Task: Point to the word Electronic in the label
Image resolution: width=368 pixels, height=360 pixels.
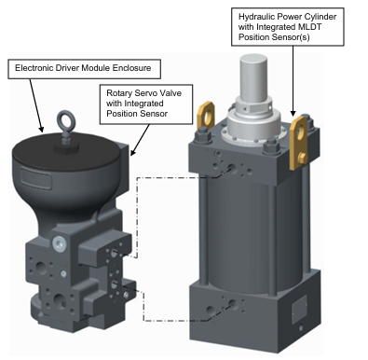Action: [31, 68]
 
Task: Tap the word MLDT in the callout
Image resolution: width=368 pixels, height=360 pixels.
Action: [310, 27]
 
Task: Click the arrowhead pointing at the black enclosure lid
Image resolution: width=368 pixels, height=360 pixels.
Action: [41, 129]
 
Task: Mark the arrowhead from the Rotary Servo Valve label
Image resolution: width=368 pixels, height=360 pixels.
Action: [132, 152]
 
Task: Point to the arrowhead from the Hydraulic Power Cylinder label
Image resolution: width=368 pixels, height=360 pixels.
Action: [293, 113]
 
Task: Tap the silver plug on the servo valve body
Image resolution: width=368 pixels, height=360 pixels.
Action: [59, 243]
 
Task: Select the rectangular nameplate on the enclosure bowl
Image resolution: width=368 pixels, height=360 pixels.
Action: [36, 177]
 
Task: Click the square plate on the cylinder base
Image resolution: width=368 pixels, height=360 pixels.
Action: [299, 309]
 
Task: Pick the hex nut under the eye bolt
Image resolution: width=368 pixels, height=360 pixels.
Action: [66, 147]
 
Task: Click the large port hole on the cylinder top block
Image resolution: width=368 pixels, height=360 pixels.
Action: [232, 168]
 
